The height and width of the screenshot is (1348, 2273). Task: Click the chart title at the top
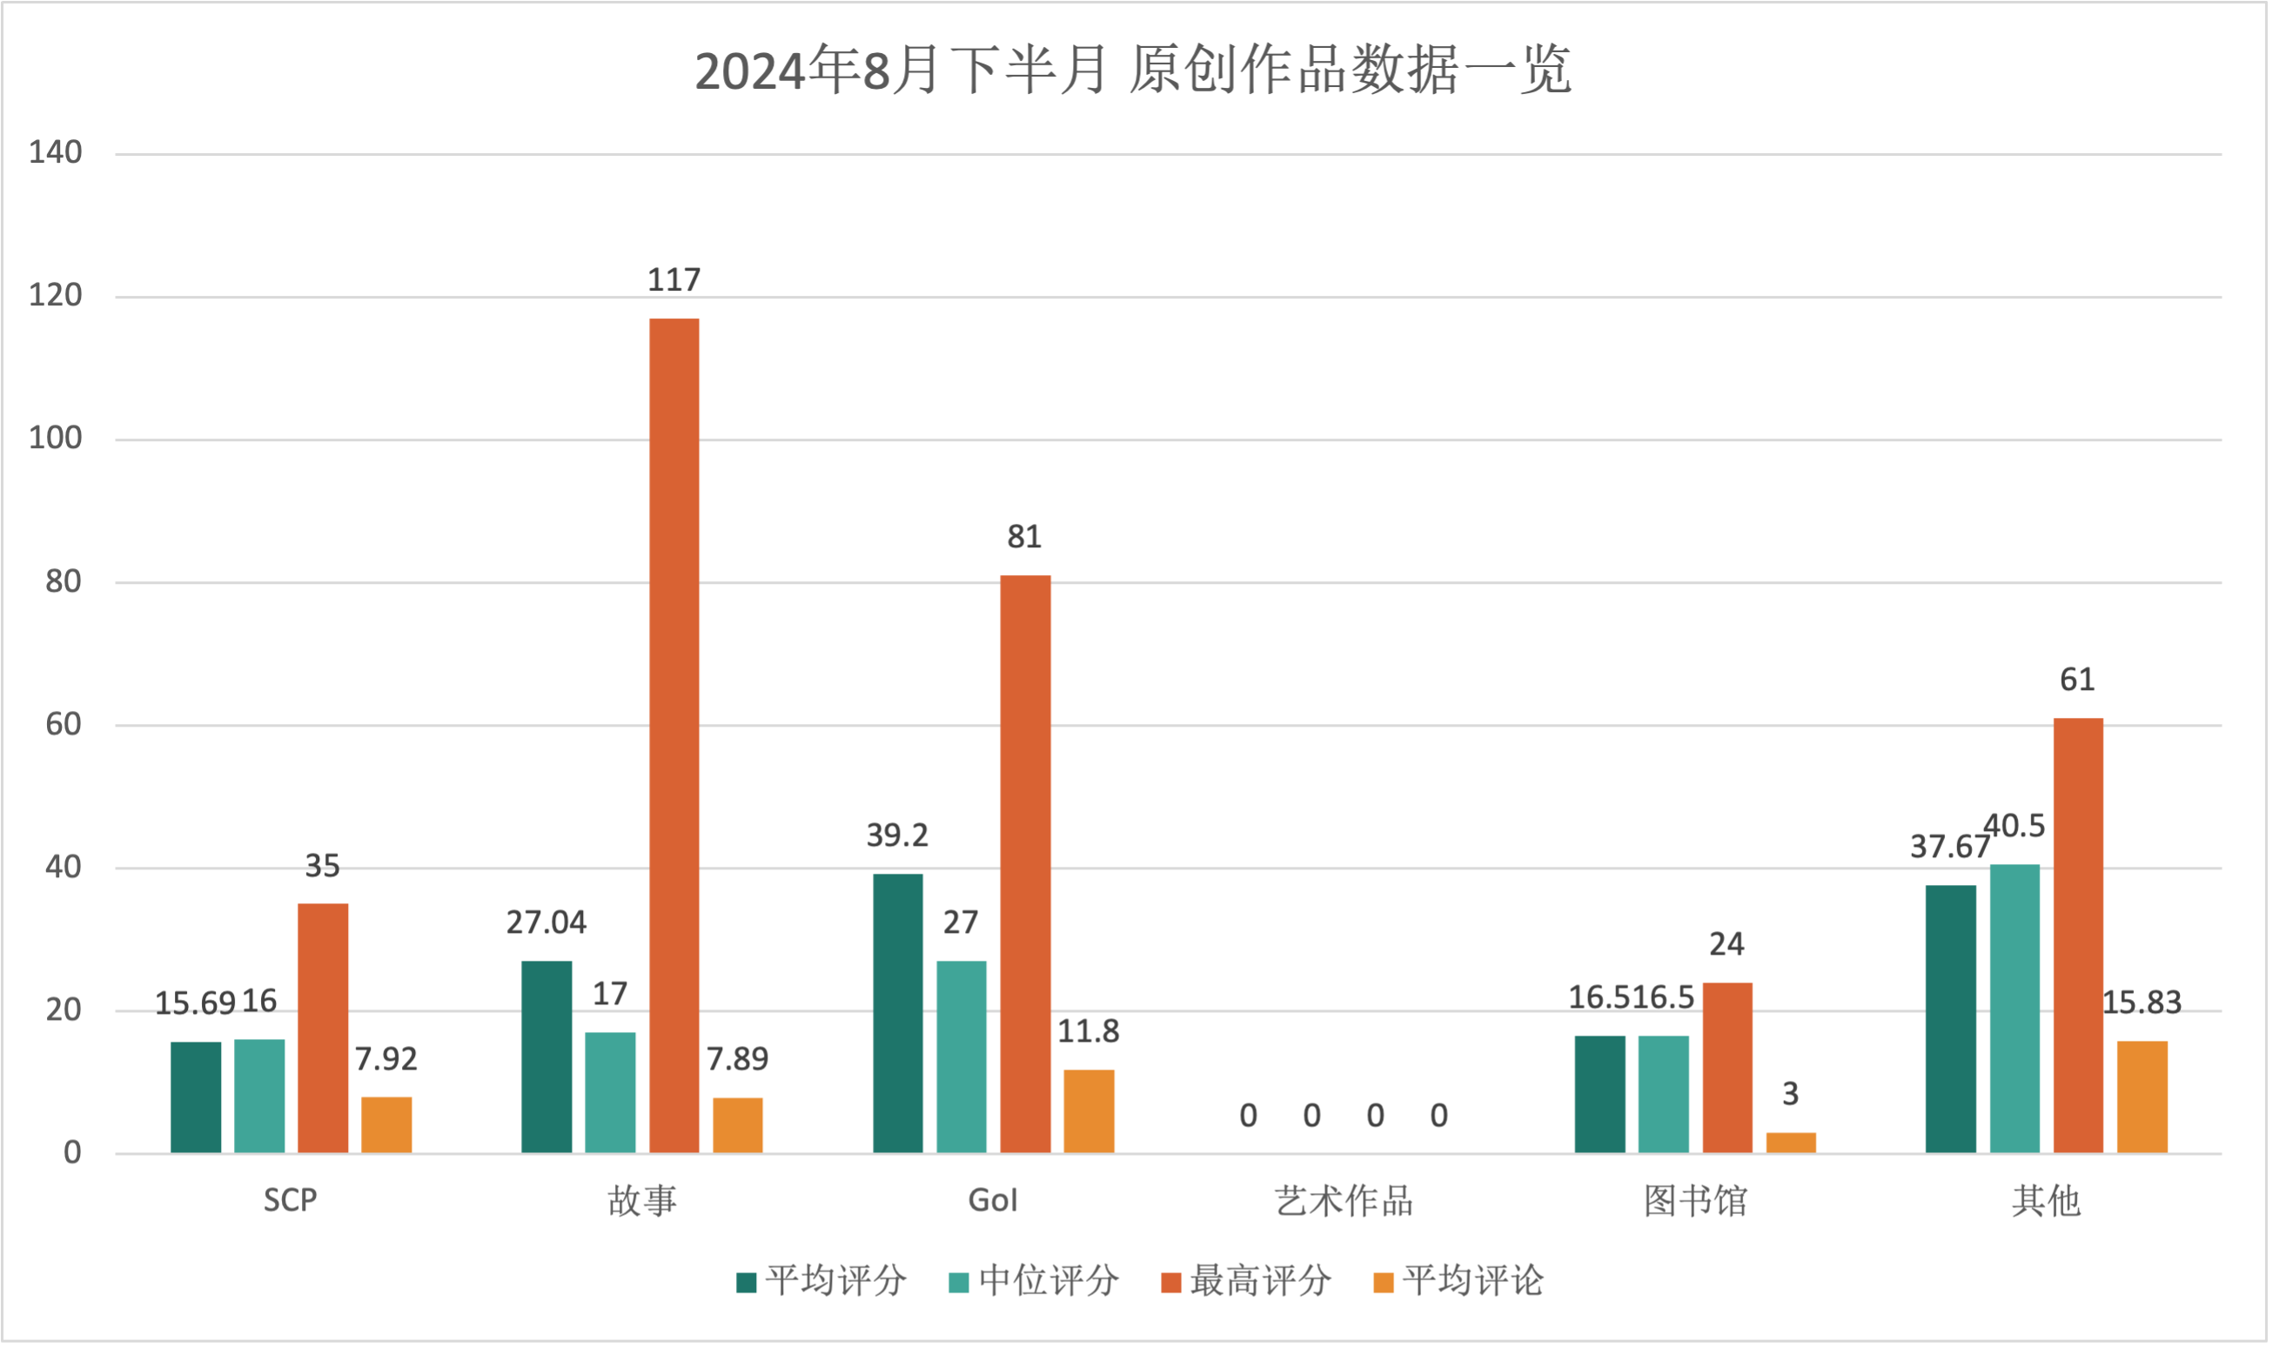click(1132, 70)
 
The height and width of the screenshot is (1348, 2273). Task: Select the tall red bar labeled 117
click(674, 734)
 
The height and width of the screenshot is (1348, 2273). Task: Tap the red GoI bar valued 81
click(1025, 864)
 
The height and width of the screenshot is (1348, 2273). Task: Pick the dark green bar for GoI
click(897, 1013)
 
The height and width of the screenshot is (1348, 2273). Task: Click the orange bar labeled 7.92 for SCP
click(386, 1124)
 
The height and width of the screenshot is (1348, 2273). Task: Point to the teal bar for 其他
click(2015, 1009)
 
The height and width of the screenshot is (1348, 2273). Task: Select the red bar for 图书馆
click(1727, 1067)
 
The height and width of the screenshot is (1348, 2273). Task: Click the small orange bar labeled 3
click(1791, 1143)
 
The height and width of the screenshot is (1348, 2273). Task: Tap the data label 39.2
click(897, 835)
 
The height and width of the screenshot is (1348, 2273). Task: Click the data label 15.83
click(2142, 1003)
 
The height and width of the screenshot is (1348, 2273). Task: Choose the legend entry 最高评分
click(1246, 1281)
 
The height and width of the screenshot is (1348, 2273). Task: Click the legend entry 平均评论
click(1458, 1281)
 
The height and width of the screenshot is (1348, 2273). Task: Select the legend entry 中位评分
click(1034, 1281)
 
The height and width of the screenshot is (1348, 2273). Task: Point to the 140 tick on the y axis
click(56, 152)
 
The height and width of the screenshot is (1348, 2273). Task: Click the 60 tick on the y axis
click(64, 725)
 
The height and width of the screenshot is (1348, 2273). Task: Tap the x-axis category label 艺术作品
click(1344, 1201)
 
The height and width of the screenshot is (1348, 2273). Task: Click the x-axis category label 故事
click(642, 1201)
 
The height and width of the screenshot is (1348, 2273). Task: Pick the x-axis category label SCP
click(291, 1201)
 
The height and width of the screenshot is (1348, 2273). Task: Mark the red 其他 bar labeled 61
click(2078, 936)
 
